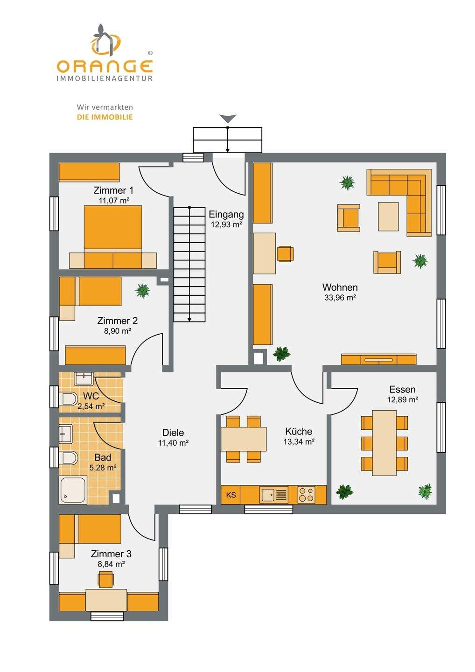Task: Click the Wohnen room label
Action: point(340,287)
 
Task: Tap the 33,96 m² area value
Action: point(340,298)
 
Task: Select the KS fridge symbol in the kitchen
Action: point(231,495)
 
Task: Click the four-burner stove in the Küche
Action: point(306,495)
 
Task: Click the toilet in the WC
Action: point(69,399)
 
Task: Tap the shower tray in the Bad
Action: point(73,490)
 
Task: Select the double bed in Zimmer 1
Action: point(113,231)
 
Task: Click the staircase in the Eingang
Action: point(189,265)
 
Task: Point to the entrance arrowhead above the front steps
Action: point(228,119)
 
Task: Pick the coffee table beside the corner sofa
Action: point(388,217)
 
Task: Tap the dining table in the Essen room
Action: point(384,442)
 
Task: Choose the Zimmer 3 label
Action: point(111,554)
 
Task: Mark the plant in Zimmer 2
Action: point(142,291)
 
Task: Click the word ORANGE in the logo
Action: point(105,66)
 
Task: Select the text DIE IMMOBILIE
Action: point(105,117)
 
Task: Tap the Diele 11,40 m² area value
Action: point(173,443)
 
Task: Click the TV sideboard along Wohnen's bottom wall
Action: point(378,359)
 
